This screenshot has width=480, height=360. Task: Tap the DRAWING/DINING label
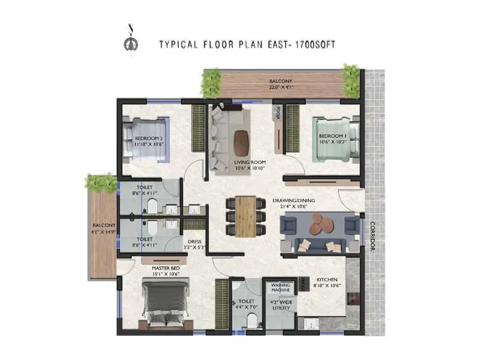pos(310,200)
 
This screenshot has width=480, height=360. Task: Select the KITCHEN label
pos(326,280)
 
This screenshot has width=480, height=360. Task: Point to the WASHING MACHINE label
pos(281,288)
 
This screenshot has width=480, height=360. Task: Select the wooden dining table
pos(245,215)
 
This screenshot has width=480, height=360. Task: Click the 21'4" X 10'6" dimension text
pos(310,207)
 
